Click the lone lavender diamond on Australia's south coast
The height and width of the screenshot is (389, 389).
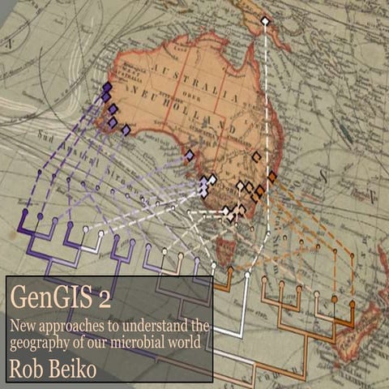tap(189, 154)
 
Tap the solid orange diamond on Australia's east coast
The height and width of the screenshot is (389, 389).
tap(272, 176)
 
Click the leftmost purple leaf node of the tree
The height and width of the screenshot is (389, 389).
tap(25, 212)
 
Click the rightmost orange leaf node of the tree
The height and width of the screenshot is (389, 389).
tap(353, 304)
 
